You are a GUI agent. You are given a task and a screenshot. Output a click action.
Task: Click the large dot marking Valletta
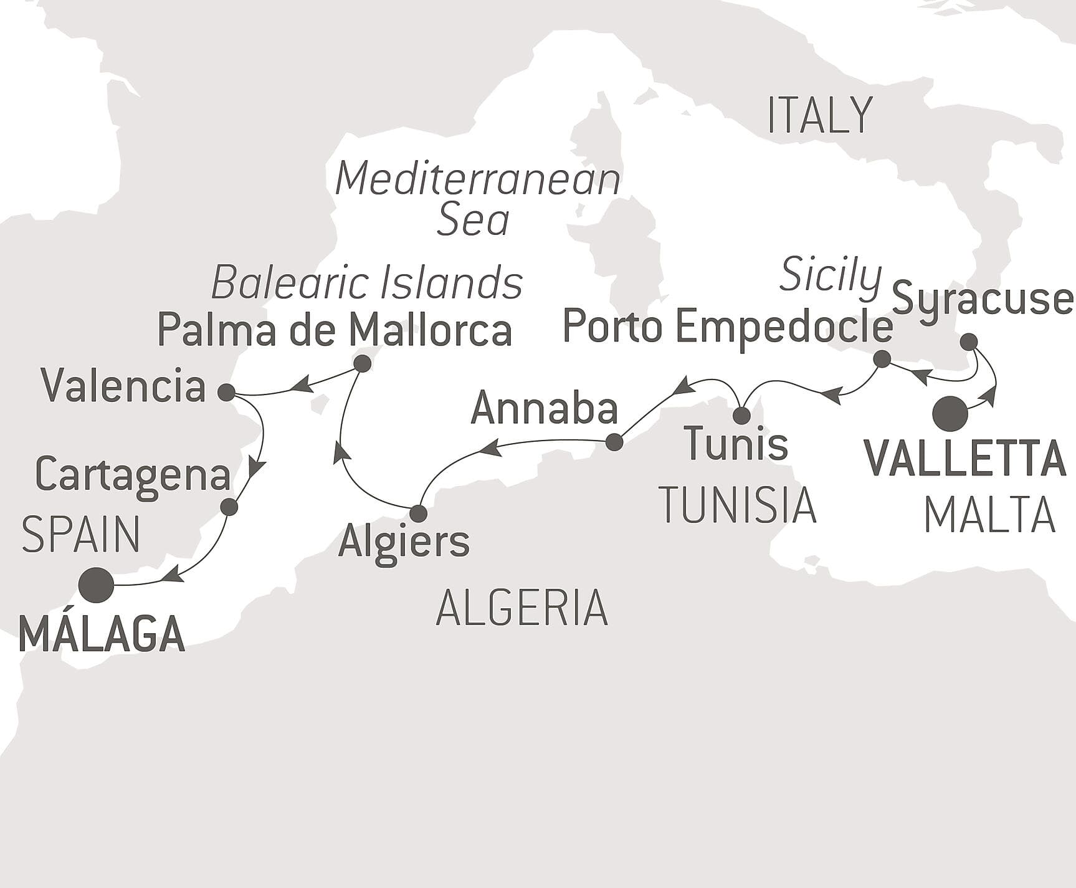point(950,414)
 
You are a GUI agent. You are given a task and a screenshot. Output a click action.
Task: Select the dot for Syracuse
point(968,341)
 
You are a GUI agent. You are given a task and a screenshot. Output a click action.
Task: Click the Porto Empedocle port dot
point(882,359)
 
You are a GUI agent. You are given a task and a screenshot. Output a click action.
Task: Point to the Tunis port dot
point(741,415)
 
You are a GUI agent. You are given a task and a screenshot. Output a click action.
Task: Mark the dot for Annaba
point(614,442)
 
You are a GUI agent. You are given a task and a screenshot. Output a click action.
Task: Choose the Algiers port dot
point(418,513)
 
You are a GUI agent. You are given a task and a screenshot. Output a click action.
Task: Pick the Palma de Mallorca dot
point(362,363)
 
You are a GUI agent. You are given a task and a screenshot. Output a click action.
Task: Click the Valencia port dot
point(227,393)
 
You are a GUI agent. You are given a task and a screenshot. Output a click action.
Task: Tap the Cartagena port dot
point(229,507)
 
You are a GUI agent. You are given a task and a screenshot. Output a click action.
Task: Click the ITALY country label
point(819,116)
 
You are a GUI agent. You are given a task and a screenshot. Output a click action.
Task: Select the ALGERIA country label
point(521,608)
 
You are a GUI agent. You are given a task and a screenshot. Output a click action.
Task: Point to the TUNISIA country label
point(738,505)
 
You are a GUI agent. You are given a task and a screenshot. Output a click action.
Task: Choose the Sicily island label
point(831,274)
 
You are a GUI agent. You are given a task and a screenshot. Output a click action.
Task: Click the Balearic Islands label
point(366,283)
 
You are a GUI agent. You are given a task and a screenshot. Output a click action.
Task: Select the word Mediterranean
point(478,179)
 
